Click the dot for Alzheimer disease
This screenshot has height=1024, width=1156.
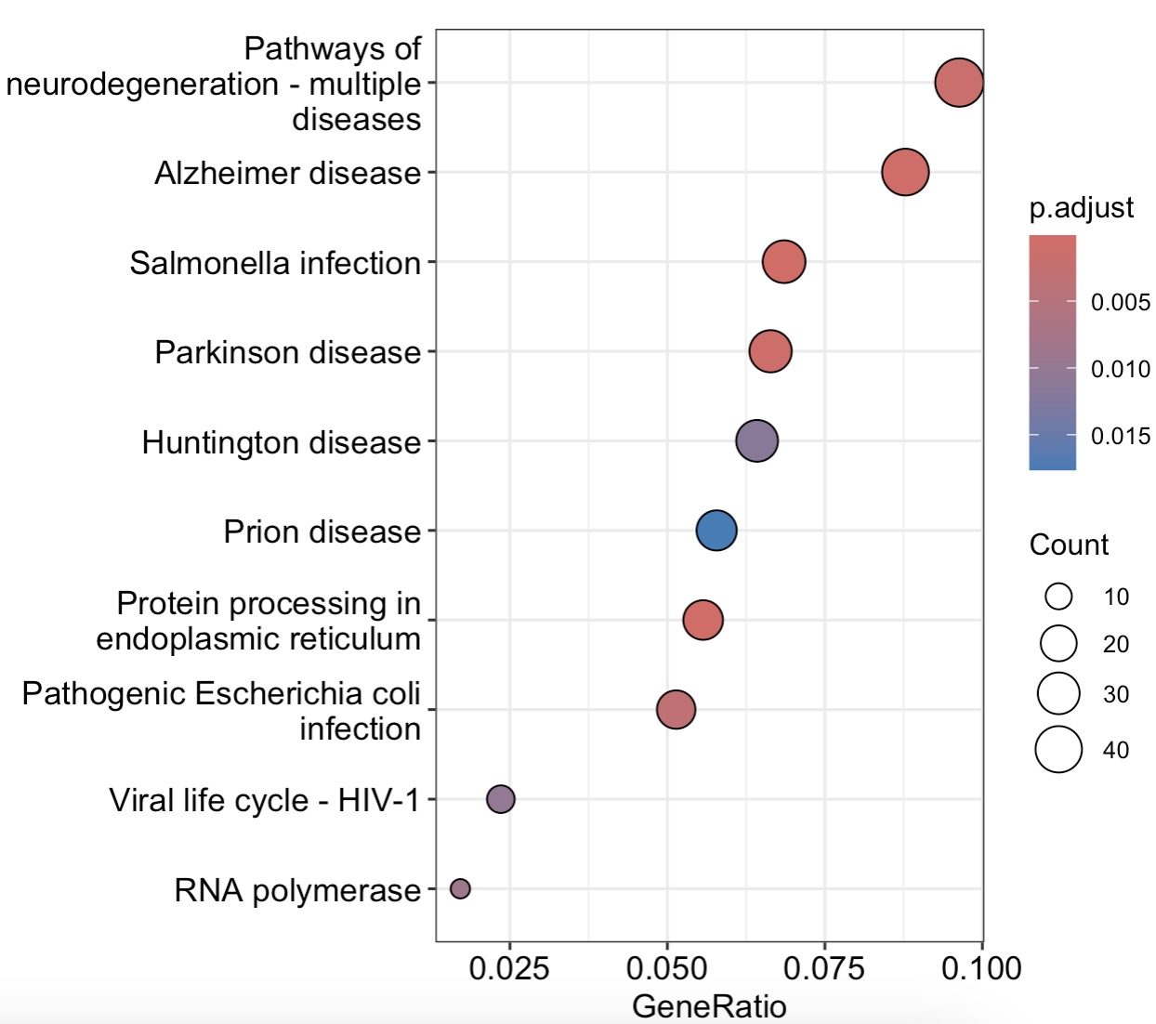[x=905, y=172]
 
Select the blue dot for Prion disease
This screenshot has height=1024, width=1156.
[x=716, y=531]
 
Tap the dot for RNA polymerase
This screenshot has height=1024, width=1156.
[x=460, y=888]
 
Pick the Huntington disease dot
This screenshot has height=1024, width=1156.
[x=757, y=440]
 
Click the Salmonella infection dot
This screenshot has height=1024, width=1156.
[x=784, y=261]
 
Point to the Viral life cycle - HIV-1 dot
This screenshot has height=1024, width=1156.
[x=501, y=798]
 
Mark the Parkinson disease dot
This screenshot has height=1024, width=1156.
[x=770, y=351]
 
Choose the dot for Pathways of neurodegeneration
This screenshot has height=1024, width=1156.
[x=959, y=82]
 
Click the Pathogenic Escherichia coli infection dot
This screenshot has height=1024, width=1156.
[x=677, y=710]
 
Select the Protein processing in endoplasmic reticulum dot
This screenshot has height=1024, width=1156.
[x=703, y=620]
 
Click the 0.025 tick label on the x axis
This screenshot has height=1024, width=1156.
[x=509, y=968]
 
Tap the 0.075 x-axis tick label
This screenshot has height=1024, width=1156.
[x=824, y=968]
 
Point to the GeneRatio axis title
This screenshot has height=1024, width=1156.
[x=709, y=1005]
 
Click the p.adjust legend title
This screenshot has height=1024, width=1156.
[x=1081, y=207]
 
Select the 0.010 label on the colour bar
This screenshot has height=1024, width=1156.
[x=1120, y=369]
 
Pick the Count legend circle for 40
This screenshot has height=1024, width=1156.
[x=1058, y=750]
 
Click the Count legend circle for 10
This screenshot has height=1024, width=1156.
[x=1058, y=596]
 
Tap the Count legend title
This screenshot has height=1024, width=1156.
[x=1069, y=545]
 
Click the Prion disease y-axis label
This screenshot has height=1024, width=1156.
[x=322, y=532]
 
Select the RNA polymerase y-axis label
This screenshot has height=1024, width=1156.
[x=297, y=890]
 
